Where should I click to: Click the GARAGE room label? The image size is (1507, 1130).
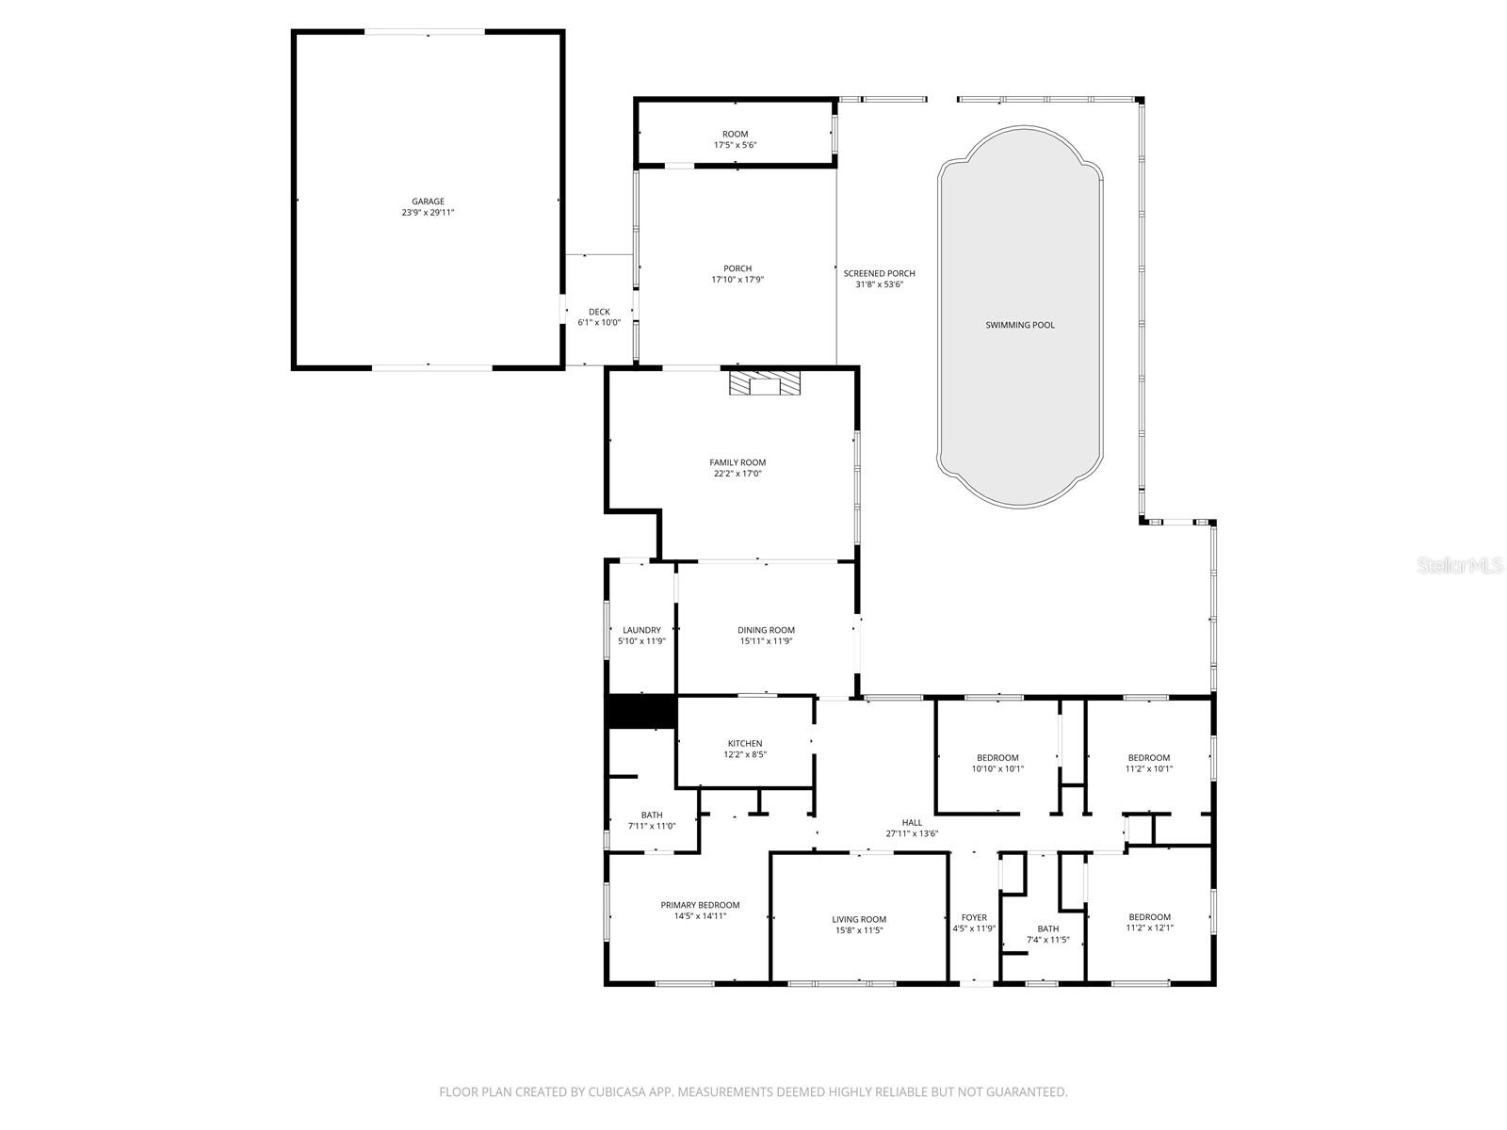pos(428,202)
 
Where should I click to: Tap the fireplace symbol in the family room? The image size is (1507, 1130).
pos(765,383)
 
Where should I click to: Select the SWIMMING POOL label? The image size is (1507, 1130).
pos(1020,325)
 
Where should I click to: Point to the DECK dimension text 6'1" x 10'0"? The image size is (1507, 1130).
pos(599,323)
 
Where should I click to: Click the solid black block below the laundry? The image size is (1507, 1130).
pos(640,711)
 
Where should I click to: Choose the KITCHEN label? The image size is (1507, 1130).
pos(745,744)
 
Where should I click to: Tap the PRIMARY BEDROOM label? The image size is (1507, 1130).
pos(700,905)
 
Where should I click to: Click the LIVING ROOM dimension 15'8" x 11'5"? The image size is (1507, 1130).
pos(858,930)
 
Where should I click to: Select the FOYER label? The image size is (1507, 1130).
pos(974,917)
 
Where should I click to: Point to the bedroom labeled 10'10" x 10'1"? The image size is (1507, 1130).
pos(997,764)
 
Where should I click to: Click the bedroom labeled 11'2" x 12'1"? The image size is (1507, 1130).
pos(1149,922)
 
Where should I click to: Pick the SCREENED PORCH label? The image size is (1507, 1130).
pos(879,273)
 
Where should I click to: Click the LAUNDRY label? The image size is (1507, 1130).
pos(641,630)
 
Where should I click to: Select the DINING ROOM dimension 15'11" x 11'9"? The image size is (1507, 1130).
pos(766,641)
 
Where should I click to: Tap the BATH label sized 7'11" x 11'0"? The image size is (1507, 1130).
pos(652,815)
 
